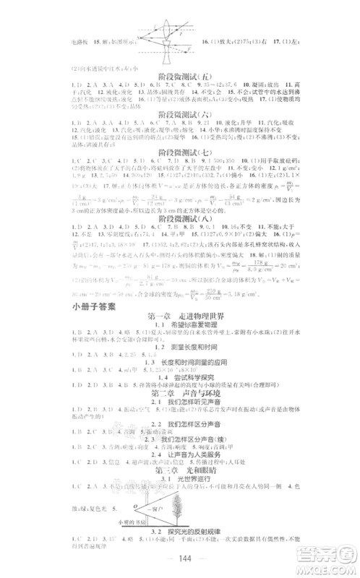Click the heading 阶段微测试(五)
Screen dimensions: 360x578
point(179,74)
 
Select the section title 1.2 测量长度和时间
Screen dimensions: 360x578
point(179,350)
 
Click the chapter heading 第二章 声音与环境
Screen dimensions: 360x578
point(179,407)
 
